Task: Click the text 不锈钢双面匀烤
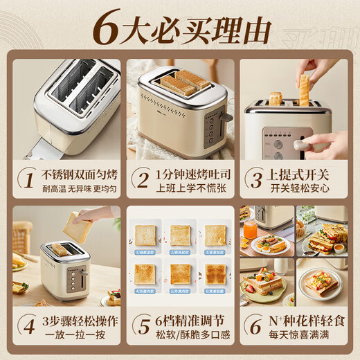pos(77,173)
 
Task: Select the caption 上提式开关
pos(300,173)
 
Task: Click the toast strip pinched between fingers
pos(304,90)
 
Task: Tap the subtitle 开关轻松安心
pos(300,188)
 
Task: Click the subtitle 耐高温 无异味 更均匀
pos(77,188)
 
